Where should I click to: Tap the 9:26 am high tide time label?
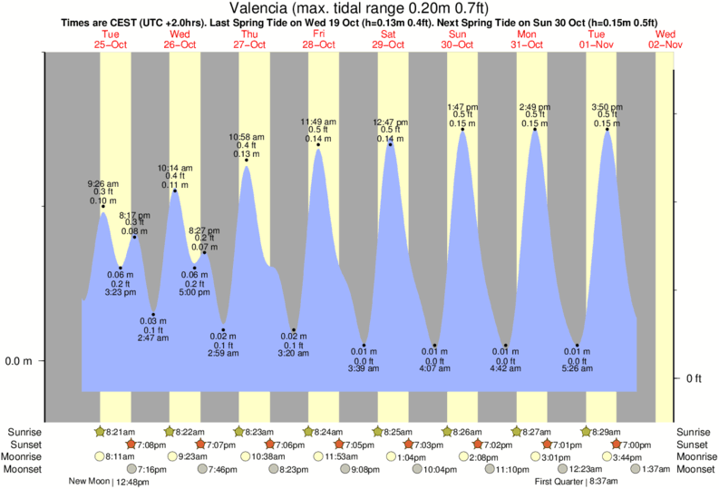click(102, 184)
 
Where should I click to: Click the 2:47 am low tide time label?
click(152, 337)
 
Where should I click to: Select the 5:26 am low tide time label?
click(577, 368)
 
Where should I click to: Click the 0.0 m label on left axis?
click(18, 361)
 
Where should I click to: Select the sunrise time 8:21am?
click(119, 432)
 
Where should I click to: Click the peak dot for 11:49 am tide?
click(318, 145)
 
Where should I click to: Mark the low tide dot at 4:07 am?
click(435, 346)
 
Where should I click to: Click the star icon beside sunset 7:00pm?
click(617, 445)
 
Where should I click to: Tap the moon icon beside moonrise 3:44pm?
click(605, 456)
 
